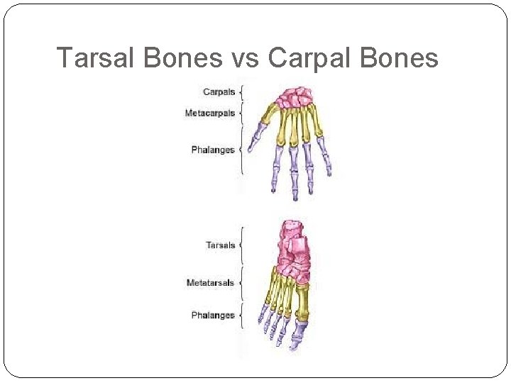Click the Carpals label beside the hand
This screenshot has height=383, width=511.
tap(219, 92)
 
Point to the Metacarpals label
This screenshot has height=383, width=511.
tap(209, 113)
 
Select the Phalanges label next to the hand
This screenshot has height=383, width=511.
tap(213, 150)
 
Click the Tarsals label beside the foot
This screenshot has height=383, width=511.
tap(221, 245)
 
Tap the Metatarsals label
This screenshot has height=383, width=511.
tap(210, 283)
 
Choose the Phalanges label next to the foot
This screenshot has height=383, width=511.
tap(213, 315)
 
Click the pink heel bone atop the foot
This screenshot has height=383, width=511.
tap(292, 231)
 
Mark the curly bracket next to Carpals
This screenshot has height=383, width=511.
tap(241, 92)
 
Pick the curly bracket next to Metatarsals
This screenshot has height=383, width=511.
tap(241, 283)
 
